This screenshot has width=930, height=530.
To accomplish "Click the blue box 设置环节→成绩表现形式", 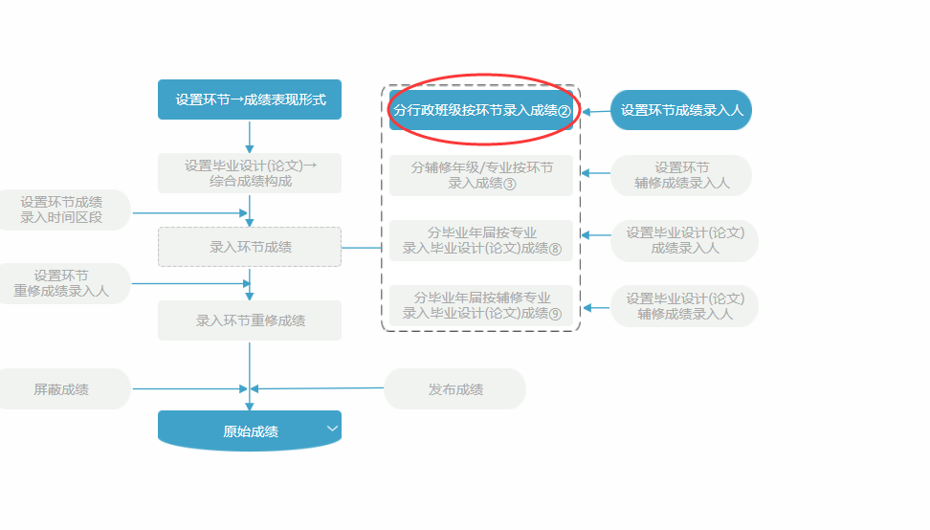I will coord(250,99).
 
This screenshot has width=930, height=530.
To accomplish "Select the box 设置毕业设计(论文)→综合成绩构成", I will coord(250,173).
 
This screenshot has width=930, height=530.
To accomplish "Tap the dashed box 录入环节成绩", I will coord(250,247).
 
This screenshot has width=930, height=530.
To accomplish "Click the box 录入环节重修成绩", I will coord(250,320).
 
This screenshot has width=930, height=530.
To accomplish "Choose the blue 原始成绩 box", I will coord(250,431).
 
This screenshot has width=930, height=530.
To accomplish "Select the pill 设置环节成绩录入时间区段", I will coord(63,210).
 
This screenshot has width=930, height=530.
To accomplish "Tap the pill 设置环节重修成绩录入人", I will coord(63,283).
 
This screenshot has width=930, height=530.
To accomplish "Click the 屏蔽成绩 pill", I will coord(63,389).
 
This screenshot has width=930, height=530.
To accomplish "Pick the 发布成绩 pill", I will coord(455,389).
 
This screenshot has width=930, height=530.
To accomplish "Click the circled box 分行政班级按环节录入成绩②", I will coord(481,110).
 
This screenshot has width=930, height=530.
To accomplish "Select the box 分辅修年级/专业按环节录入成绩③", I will coord(481,175).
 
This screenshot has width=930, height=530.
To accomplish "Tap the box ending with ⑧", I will coord(481,240).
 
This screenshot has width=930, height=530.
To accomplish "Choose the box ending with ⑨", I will coord(481,305).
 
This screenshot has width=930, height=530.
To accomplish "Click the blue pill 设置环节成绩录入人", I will coord(681,110).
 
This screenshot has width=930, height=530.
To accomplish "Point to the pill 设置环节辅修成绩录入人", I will coord(681,175).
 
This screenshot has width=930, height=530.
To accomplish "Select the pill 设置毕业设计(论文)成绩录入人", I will coord(684,240).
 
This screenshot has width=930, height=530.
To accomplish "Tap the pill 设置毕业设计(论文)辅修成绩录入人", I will coord(684,305).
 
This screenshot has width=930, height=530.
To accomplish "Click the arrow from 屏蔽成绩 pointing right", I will coord(187,389).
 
